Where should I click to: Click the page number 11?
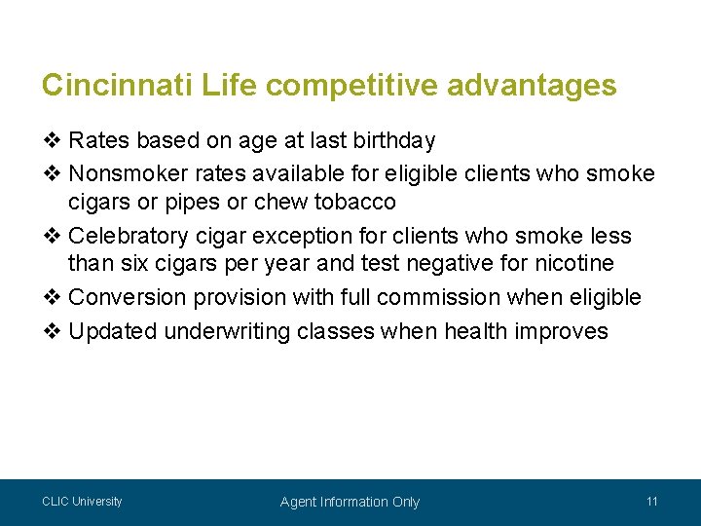(652, 502)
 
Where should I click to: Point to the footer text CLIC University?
(82, 502)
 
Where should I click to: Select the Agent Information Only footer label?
(350, 503)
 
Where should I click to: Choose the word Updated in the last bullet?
(113, 331)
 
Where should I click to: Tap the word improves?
(566, 331)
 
